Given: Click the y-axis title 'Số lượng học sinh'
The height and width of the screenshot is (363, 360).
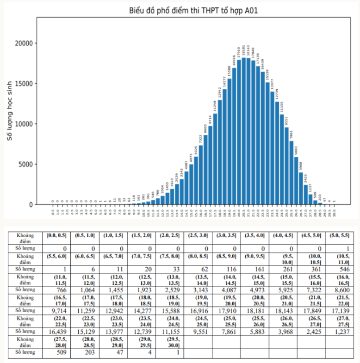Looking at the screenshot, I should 10,111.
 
